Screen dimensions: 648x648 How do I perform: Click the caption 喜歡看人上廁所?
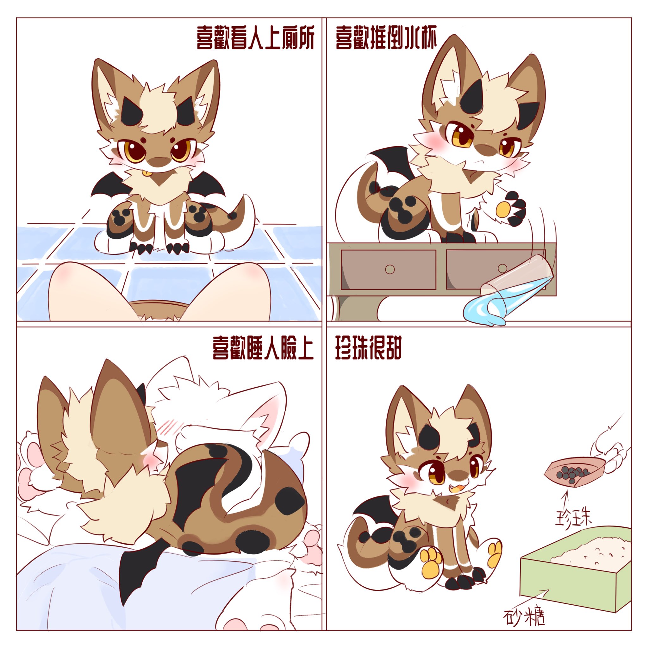point(256,38)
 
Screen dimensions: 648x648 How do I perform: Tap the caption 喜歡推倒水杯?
point(386,38)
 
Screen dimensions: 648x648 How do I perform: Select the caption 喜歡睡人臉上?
point(263,348)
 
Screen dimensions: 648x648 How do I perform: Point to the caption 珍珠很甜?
point(368,348)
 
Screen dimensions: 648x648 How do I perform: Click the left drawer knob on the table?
point(390,269)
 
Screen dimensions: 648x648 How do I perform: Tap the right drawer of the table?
point(496,269)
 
